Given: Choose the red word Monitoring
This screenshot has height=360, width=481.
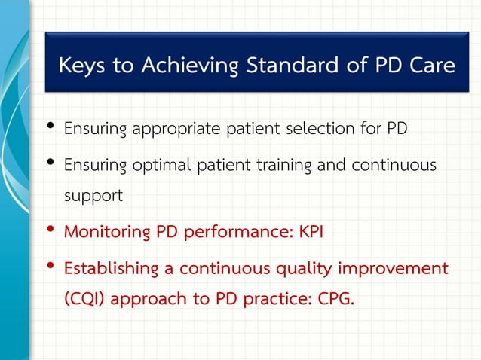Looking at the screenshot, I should pos(107,231).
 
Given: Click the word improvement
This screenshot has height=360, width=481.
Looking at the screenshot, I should pos(391,268).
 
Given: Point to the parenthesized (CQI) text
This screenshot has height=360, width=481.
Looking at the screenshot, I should pos(86,299).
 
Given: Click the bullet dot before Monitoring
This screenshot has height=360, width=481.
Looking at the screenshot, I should pos(51,229).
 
